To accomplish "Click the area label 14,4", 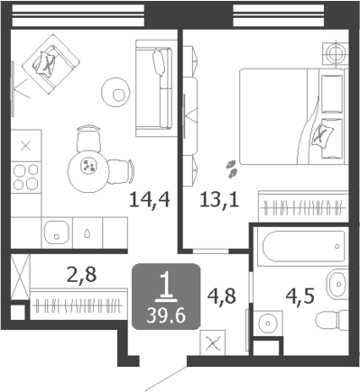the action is tap(150, 199).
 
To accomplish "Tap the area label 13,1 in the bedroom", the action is tap(219, 199).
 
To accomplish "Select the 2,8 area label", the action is tap(82, 275).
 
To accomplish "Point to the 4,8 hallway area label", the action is tap(222, 296).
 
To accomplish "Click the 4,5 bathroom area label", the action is tap(300, 296).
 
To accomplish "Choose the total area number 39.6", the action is tap(166, 315).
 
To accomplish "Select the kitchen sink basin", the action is tap(57, 233).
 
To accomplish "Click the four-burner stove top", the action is tap(26, 178).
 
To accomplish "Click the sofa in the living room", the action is tap(154, 88).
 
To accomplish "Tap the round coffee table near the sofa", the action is tap(115, 93).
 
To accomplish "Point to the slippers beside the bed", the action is tap(232, 169).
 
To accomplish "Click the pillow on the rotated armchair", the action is tap(44, 63).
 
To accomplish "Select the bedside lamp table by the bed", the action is tap(335, 53).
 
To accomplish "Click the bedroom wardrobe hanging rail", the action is tap(303, 208).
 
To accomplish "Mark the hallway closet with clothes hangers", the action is tap(78, 305).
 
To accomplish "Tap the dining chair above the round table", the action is tap(88, 139).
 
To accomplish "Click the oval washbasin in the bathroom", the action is tap(337, 283).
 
